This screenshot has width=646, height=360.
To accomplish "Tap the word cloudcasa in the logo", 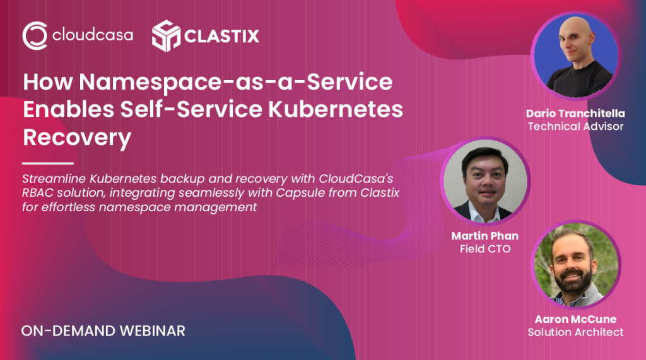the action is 93,35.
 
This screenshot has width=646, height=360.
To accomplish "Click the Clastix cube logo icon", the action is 166,36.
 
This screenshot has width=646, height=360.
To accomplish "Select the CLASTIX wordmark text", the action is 221,36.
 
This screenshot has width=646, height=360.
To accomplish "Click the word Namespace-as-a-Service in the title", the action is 236,81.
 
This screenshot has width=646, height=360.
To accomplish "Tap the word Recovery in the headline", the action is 77,137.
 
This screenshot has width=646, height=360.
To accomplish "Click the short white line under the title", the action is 48,163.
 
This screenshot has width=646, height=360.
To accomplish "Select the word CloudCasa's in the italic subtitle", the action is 356,179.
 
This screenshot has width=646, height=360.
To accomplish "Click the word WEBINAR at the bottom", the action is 153,331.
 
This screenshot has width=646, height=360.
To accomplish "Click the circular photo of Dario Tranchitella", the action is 576,56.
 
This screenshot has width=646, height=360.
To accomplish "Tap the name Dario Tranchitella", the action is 575,113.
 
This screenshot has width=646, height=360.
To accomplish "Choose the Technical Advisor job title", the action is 575,127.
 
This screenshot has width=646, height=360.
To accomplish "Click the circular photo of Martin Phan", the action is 485,181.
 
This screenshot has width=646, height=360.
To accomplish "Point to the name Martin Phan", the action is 485,236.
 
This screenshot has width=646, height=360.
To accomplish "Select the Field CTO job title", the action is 485,249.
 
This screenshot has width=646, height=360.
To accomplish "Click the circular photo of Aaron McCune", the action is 576,264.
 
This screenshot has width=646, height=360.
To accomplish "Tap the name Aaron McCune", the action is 575,319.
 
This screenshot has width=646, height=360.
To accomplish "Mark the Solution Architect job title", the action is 575,332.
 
